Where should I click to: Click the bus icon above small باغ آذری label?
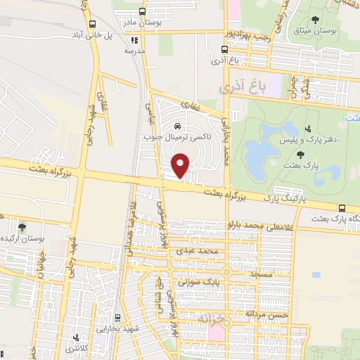click(224, 50)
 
